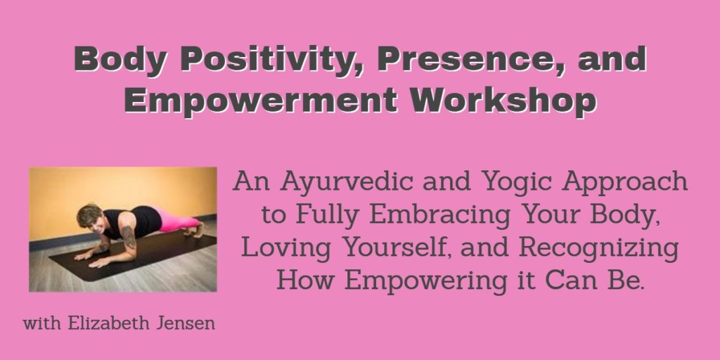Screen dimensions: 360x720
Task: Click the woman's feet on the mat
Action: pyautogui.click(x=199, y=229)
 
